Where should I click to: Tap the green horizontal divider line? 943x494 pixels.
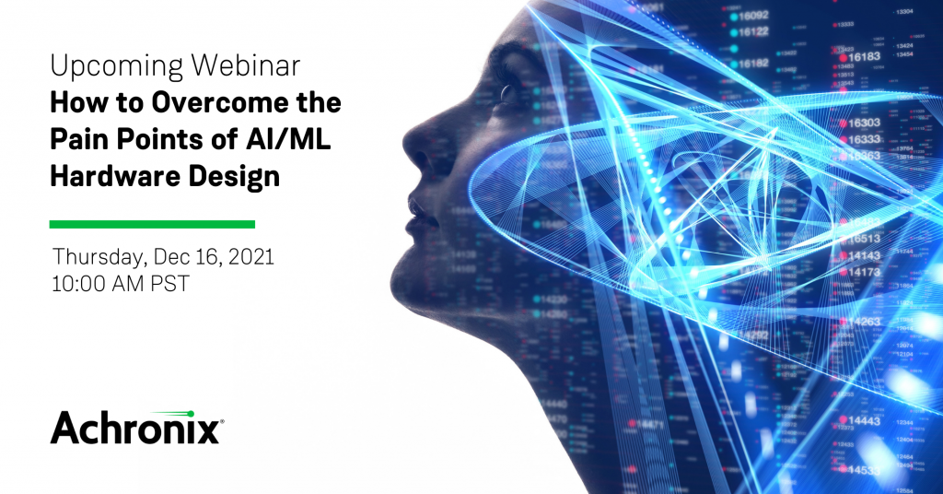[152, 224]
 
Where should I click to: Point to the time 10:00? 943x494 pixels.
[80, 284]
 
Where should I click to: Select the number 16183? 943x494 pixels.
[864, 56]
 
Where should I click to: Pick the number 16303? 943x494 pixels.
[864, 123]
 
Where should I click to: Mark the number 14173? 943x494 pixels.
[864, 272]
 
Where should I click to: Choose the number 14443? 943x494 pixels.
[864, 421]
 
